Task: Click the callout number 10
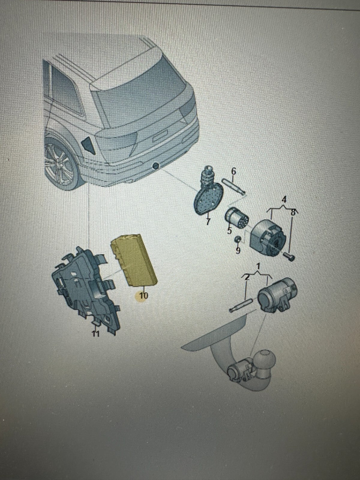pyautogui.click(x=144, y=296)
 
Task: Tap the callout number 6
pyautogui.click(x=234, y=171)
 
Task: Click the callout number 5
pyautogui.click(x=229, y=231)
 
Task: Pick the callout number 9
pyautogui.click(x=238, y=250)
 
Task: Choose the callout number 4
pyautogui.click(x=283, y=200)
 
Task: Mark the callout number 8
pyautogui.click(x=293, y=212)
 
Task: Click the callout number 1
pyautogui.click(x=258, y=267)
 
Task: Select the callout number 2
pyautogui.click(x=247, y=277)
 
